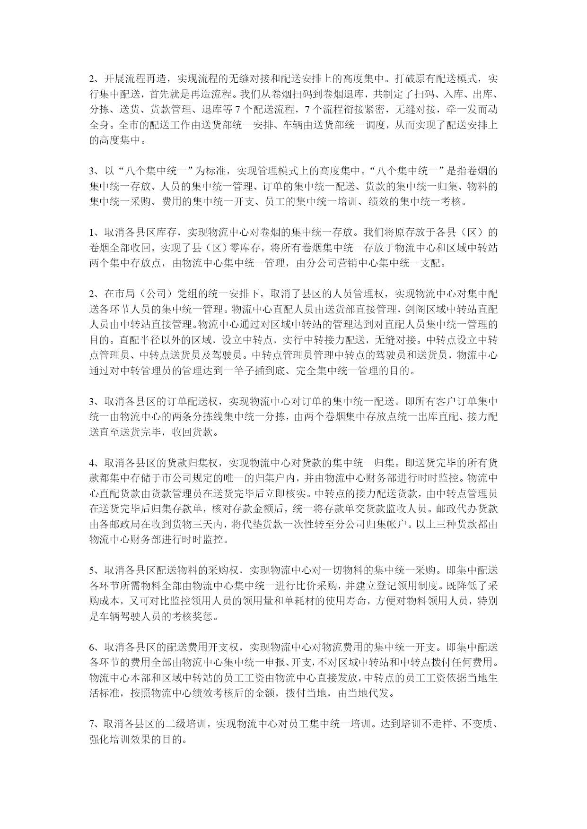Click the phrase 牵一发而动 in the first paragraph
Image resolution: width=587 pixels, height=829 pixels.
[471, 110]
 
